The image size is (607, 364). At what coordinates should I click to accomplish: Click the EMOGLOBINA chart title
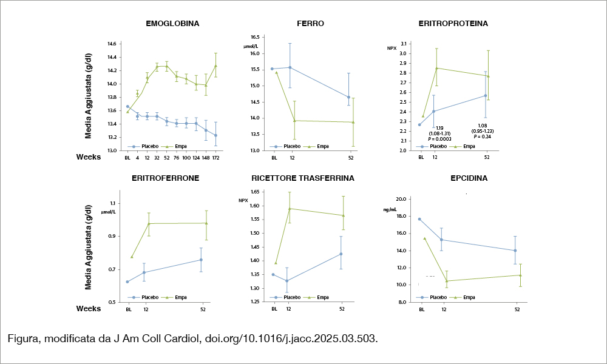pos(172,24)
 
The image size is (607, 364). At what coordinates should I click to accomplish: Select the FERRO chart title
pos(310,24)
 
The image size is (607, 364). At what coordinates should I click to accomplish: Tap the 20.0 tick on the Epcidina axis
pos(400,199)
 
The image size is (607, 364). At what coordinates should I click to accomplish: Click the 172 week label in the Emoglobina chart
pos(215,158)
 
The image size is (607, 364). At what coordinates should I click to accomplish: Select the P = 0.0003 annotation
pos(439,139)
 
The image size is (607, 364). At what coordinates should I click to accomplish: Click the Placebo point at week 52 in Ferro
pos(348,97)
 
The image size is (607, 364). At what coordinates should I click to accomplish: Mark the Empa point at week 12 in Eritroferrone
pos(149,224)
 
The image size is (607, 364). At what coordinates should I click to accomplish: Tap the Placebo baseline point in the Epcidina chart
pos(419,219)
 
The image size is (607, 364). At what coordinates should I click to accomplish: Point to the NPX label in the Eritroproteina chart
pos(392,48)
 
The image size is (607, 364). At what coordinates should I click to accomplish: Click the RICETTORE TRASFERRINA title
pos(303,179)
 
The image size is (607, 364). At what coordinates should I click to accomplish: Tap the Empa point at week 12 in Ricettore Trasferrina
pos(290,209)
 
